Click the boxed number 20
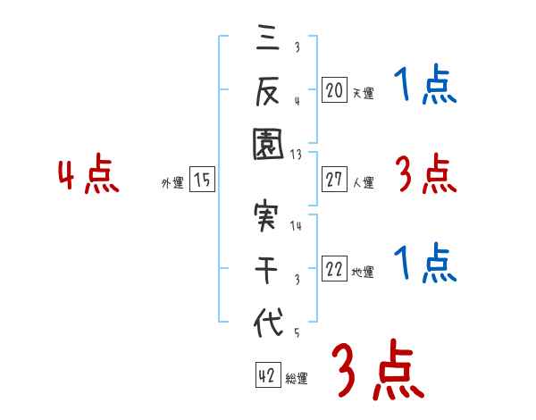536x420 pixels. (x=334, y=89)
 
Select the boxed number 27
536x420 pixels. (x=334, y=180)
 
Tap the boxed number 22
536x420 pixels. (x=334, y=270)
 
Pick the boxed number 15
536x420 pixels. (x=202, y=180)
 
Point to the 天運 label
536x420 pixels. (x=363, y=93)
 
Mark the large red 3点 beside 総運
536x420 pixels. (x=377, y=371)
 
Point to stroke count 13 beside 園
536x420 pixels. (x=296, y=154)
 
